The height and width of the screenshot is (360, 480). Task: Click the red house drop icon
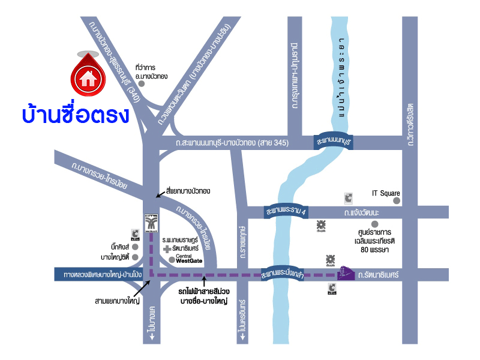click(x=88, y=76)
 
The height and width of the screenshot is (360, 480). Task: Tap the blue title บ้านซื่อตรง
click(x=75, y=114)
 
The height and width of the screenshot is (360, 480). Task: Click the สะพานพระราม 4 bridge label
click(x=287, y=212)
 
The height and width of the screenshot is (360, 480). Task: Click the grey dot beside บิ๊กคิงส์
click(x=135, y=247)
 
